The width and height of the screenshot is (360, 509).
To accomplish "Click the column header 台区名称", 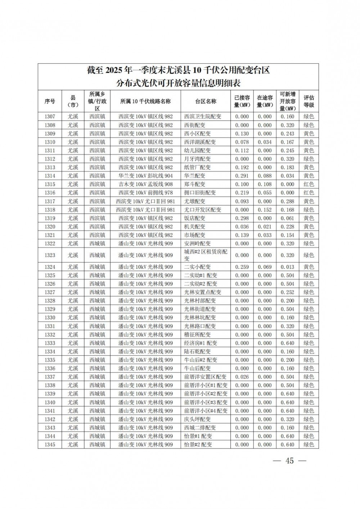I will coord(206,102).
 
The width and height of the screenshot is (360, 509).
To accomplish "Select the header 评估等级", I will coord(309,102).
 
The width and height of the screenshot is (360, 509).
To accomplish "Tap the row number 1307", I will coord(50,117).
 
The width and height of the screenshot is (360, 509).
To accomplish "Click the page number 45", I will coord(289,461).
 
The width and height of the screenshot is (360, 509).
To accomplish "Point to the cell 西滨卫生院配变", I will coord(203,117).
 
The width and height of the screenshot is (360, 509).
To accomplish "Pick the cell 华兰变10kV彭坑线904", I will coord(145,176).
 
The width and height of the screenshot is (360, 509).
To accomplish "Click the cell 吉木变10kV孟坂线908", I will coord(145,184).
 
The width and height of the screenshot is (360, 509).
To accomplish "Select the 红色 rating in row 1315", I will coord(309,184).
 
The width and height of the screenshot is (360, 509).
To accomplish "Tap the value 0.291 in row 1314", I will coord(242,176).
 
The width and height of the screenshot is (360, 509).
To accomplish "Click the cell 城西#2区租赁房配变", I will coord(206,255).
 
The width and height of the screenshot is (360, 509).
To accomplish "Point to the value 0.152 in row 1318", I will coord(265,210).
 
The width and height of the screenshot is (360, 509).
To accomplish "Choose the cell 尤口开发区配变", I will coord(203,210).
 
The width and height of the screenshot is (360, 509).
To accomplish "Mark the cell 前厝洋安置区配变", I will coord(205,377).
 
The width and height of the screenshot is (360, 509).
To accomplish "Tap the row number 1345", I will coord(50,445).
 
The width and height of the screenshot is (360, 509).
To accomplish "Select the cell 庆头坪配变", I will coord(198,419).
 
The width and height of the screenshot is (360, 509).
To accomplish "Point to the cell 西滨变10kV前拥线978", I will coord(145,193).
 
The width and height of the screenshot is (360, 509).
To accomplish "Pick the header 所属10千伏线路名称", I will coord(145,102).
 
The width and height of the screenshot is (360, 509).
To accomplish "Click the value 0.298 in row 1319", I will coord(242,218).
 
